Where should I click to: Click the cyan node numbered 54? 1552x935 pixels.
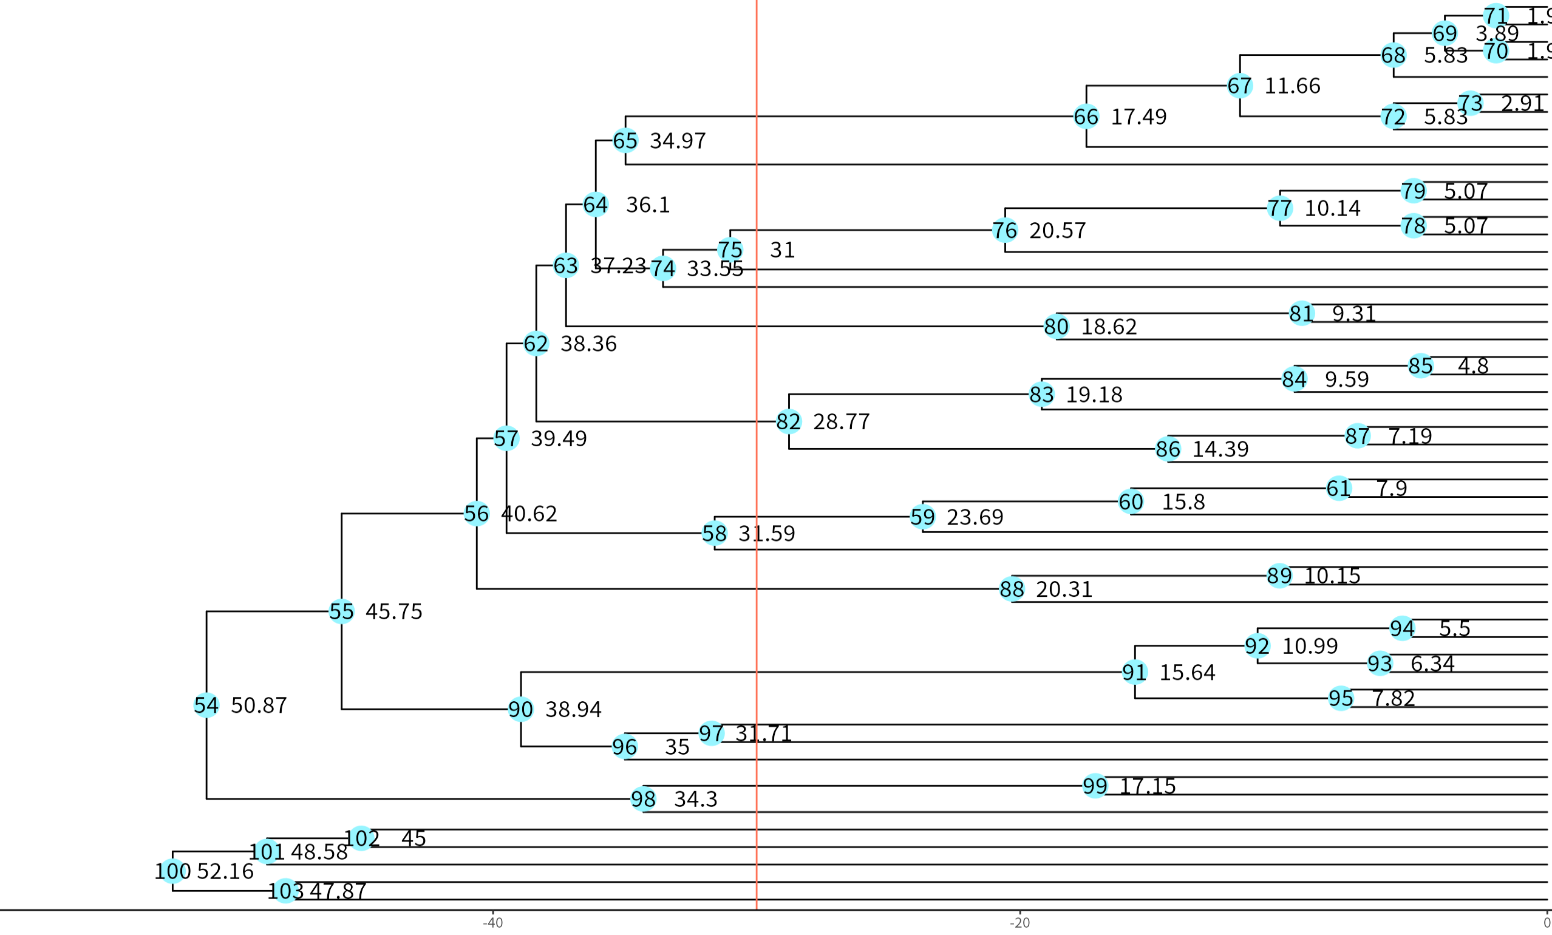pyautogui.click(x=206, y=704)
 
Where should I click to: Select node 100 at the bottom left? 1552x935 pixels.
pyautogui.click(x=172, y=871)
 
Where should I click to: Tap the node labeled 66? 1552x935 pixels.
pyautogui.click(x=1086, y=117)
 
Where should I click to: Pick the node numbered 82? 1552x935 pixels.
pyautogui.click(x=789, y=421)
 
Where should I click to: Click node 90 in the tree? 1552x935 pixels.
pyautogui.click(x=521, y=709)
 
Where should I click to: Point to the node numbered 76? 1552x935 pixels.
pyautogui.click(x=1005, y=230)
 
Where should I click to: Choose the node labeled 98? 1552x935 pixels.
pyautogui.click(x=643, y=799)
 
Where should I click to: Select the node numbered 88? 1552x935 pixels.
pyautogui.click(x=1012, y=589)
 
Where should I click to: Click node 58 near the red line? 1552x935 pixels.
pyautogui.click(x=714, y=533)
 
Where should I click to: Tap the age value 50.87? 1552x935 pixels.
pyautogui.click(x=259, y=705)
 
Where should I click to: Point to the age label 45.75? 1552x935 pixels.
pyautogui.click(x=393, y=611)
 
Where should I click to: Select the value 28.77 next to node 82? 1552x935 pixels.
pyautogui.click(x=841, y=421)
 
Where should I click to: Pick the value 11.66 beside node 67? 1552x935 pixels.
pyautogui.click(x=1292, y=86)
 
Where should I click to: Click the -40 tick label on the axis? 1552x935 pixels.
pyautogui.click(x=492, y=923)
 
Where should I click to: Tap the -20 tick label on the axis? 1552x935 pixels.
pyautogui.click(x=1019, y=923)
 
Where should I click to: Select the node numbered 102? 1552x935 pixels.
pyautogui.click(x=361, y=838)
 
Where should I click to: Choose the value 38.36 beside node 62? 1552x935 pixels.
pyautogui.click(x=588, y=344)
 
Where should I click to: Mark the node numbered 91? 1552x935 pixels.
pyautogui.click(x=1135, y=672)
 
